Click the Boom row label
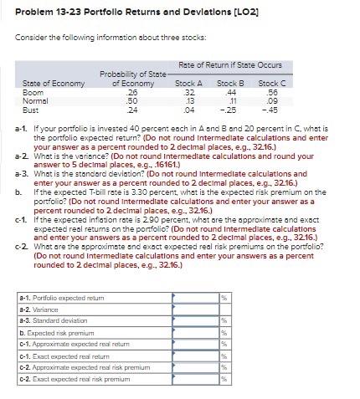[x=33, y=92]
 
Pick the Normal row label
[x=36, y=100]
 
